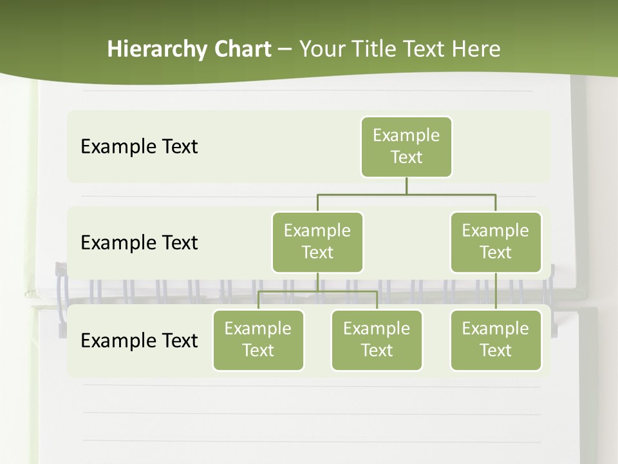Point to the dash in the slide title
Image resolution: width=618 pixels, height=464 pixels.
[285, 50]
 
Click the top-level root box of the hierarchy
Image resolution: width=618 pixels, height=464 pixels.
[406, 146]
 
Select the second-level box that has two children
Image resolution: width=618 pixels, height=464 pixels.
[317, 242]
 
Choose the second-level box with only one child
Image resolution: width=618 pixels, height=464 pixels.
[496, 242]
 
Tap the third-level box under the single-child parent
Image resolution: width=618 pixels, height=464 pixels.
[496, 340]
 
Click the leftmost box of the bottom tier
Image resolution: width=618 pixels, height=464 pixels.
[258, 340]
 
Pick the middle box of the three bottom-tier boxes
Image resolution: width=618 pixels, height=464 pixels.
[377, 340]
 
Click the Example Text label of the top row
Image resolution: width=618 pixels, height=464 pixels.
[139, 147]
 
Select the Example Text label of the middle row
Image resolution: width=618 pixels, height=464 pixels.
[139, 243]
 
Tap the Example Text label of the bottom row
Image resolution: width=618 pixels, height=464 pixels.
[139, 340]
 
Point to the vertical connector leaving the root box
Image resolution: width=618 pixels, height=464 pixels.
[406, 186]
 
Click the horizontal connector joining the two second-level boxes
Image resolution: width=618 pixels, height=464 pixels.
[406, 194]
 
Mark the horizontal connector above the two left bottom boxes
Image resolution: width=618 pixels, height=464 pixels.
[317, 291]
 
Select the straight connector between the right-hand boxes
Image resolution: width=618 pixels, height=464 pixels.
[496, 291]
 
